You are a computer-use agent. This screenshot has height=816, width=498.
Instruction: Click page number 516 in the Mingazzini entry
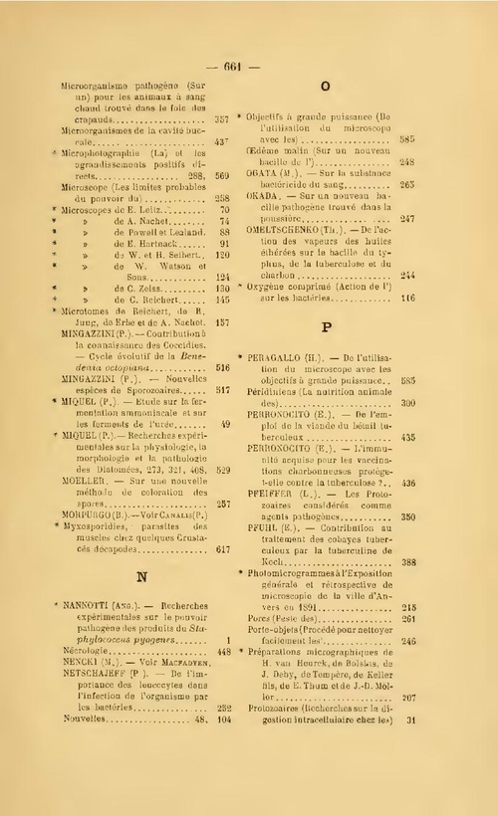click(222, 368)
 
